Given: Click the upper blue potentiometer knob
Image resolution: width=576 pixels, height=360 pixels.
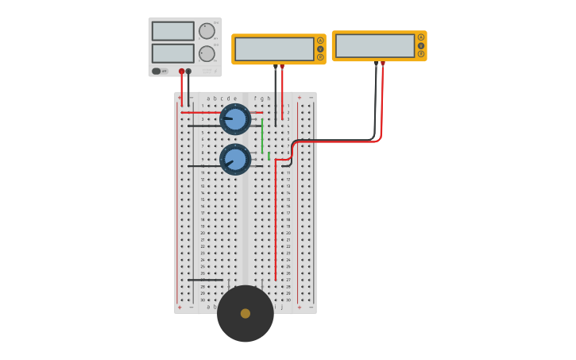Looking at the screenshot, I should coord(235,119).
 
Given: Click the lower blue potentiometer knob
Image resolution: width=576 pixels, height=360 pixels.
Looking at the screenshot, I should coord(235,159).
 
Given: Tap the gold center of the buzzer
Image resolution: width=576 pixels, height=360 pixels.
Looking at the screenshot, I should coord(245,313).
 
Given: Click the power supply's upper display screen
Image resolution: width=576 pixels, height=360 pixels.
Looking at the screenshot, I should coord(172,31).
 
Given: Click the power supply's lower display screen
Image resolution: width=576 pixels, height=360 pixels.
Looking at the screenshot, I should coord(172,53).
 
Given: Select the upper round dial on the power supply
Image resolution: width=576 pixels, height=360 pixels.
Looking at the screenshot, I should coord(207,31).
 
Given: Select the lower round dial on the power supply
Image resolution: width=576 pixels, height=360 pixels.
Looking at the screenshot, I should coord(207,53).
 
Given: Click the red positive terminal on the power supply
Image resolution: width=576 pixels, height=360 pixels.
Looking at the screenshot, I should coord(181,71).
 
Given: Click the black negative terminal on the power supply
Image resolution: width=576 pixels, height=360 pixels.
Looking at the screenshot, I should coord(188,71).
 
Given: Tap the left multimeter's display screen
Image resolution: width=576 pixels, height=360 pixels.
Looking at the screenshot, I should coord(274,49).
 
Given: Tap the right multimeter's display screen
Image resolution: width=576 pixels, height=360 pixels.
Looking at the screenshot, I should coord(375,46).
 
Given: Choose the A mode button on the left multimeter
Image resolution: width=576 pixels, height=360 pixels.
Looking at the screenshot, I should coord(320,41).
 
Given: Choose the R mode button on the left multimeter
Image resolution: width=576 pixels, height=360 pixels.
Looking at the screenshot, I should coord(320,57).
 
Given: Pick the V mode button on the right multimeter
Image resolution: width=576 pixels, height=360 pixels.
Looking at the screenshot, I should coord(421,45).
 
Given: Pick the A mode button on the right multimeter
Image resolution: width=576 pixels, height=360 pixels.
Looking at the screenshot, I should coord(421,37).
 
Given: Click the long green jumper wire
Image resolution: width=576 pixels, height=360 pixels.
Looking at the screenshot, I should coord(262,136).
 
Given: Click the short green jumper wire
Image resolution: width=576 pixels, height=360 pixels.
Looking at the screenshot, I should coord(269,156).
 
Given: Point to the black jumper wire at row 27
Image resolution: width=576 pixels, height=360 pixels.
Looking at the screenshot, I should coord(205,280).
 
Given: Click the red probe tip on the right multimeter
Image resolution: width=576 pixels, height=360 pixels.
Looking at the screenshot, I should coord(382,64).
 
